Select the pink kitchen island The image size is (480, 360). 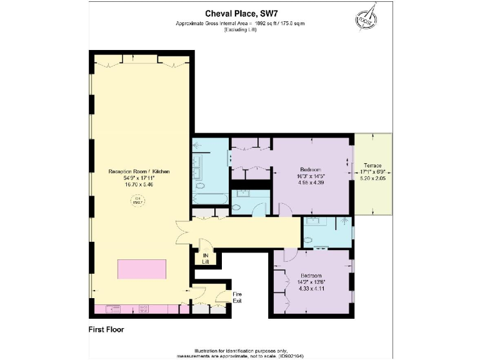(x=142, y=271)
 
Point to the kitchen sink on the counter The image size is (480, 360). (x=114, y=308)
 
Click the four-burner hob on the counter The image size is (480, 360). (x=143, y=308)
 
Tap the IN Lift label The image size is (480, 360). (x=205, y=257)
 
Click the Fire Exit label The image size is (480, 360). (x=237, y=297)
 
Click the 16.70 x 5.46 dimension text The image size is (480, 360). (x=139, y=185)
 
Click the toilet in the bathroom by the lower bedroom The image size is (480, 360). (x=308, y=241)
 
